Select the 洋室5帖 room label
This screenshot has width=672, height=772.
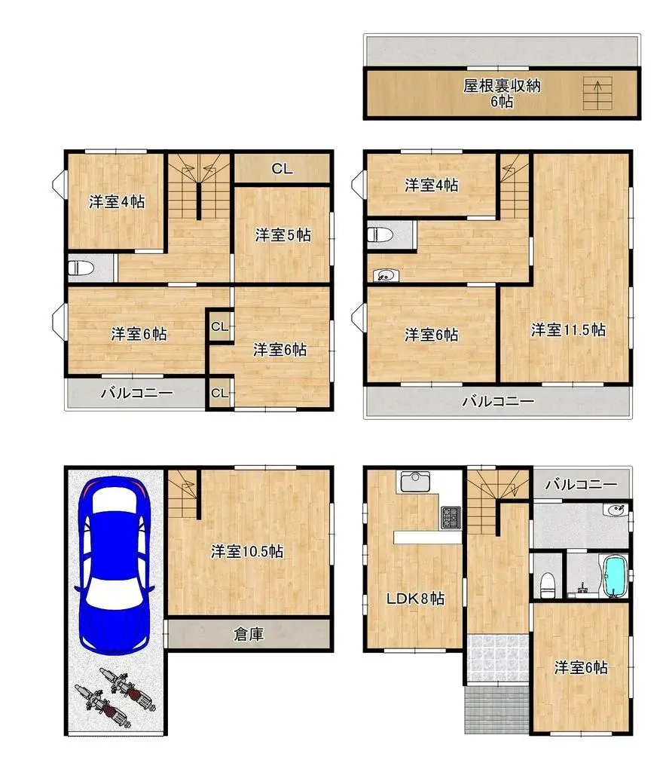click(283, 235)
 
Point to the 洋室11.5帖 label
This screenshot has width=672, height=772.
click(568, 329)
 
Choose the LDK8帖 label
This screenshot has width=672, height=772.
click(415, 599)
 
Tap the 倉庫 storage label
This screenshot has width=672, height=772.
click(248, 634)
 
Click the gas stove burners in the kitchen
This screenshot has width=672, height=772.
click(451, 517)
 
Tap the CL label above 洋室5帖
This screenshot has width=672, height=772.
click(282, 169)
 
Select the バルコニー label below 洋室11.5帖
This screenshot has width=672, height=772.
click(497, 401)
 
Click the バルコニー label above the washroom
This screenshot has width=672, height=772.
click(580, 484)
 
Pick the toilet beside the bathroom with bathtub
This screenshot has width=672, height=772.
click(547, 583)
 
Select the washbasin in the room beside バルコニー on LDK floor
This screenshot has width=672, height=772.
click(615, 510)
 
